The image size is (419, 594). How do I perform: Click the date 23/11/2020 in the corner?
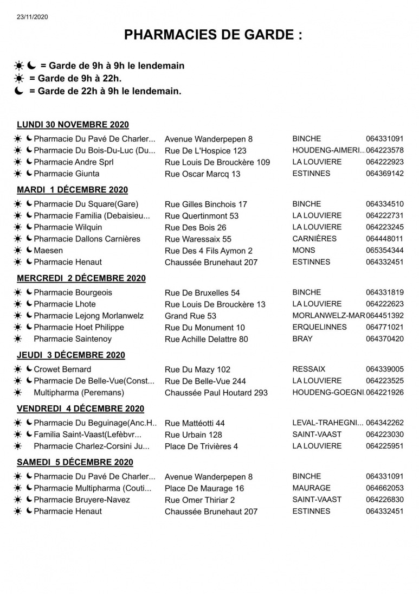click(x=33, y=17)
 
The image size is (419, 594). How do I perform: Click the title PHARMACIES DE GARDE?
click(x=213, y=35)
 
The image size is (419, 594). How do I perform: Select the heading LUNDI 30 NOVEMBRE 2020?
click(x=73, y=125)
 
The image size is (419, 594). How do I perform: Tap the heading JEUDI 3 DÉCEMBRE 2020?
click(x=71, y=355)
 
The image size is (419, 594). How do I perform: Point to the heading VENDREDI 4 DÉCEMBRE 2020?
click(x=80, y=408)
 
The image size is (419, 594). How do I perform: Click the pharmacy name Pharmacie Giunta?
click(x=66, y=174)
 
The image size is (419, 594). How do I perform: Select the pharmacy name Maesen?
click(x=48, y=250)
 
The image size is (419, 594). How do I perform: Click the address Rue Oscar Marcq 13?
click(x=202, y=174)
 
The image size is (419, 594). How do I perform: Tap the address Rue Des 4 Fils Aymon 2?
click(x=208, y=251)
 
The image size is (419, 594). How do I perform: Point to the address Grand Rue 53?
click(x=190, y=316)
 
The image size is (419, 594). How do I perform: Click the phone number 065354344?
click(x=384, y=250)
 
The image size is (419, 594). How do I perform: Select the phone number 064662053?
click(x=384, y=488)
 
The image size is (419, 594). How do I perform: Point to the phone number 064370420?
click(x=384, y=339)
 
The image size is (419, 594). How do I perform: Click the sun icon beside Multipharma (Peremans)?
click(x=18, y=392)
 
